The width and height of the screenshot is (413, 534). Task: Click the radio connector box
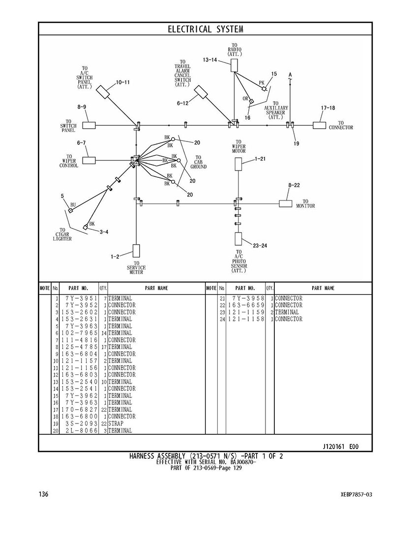[x=235, y=65]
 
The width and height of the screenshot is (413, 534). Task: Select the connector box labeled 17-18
[x=320, y=125]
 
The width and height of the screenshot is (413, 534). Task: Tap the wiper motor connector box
[x=238, y=164]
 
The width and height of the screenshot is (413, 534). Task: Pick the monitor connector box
[x=285, y=203]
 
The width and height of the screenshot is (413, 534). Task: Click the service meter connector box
[x=136, y=251]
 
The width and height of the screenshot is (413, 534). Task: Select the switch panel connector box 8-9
[x=88, y=125]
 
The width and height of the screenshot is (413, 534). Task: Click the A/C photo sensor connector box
[x=238, y=239]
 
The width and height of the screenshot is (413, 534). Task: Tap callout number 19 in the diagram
[x=296, y=143]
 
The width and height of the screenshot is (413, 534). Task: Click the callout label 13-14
[x=209, y=60]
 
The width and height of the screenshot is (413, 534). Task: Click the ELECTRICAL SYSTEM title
[x=206, y=29]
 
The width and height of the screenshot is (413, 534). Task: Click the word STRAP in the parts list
[x=116, y=423]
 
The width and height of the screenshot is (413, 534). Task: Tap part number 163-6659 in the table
[x=246, y=305]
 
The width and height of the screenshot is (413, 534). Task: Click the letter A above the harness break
[x=291, y=75]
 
